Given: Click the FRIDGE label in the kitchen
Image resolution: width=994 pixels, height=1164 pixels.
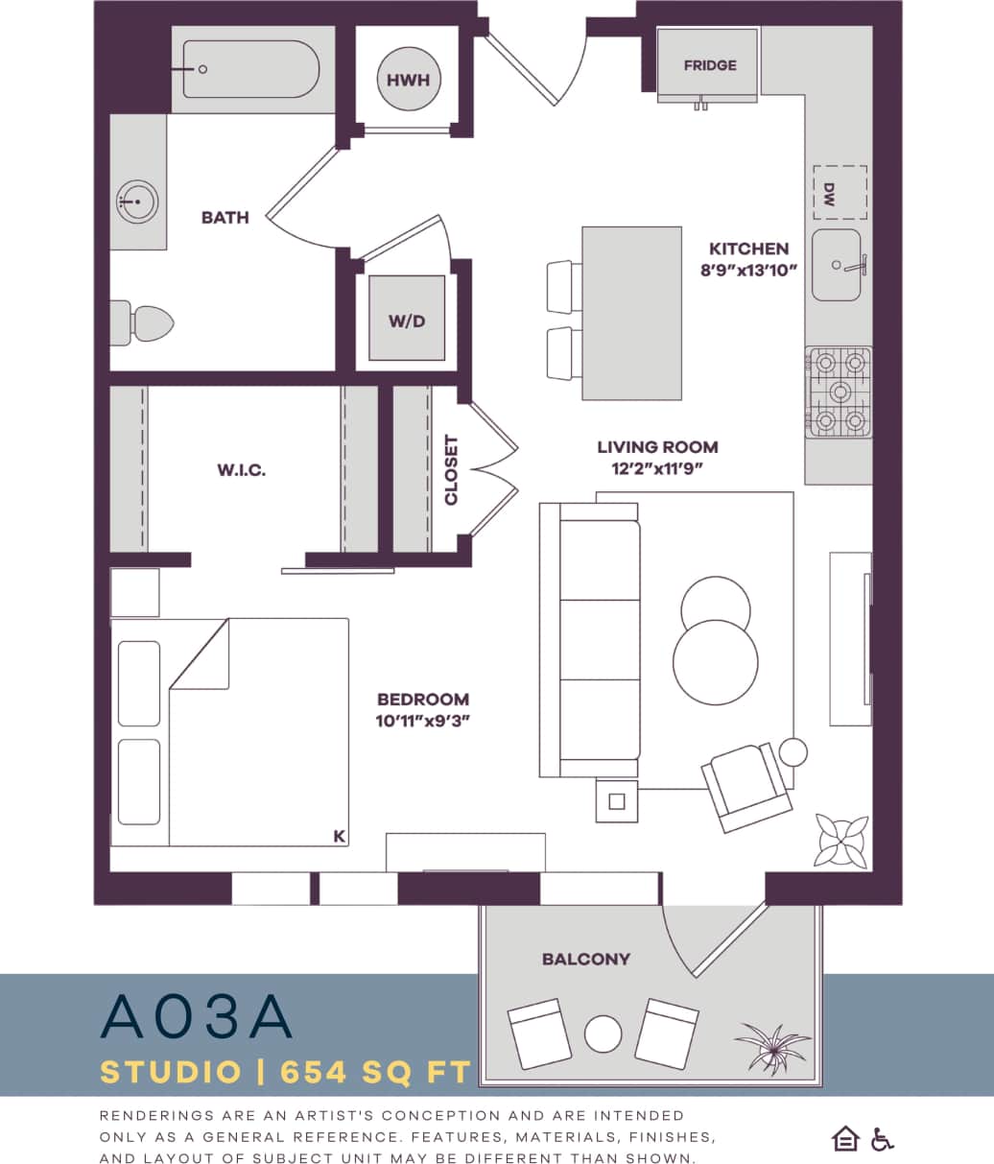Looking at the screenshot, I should click(710, 65).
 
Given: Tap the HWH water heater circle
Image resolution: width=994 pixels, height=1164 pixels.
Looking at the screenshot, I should click(408, 80).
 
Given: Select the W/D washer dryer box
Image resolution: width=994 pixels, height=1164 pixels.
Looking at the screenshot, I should click(407, 320).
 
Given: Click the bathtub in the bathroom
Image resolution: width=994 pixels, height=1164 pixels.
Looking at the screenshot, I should click(249, 69).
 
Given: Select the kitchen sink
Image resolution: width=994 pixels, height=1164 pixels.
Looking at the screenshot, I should click(837, 265).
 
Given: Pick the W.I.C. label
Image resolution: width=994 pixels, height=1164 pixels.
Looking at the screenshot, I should click(241, 470).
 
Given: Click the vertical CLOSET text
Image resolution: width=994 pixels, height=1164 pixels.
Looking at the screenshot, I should click(451, 470).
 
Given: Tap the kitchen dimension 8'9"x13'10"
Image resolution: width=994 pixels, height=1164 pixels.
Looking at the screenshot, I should click(748, 270).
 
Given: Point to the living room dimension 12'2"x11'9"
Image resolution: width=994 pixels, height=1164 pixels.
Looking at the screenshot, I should click(657, 468).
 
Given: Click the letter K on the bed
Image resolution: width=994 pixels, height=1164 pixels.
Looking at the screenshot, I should click(339, 837).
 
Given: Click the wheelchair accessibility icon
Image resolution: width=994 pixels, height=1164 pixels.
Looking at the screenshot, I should click(883, 1139).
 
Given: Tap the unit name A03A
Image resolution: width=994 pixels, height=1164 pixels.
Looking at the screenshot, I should click(196, 1017).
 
